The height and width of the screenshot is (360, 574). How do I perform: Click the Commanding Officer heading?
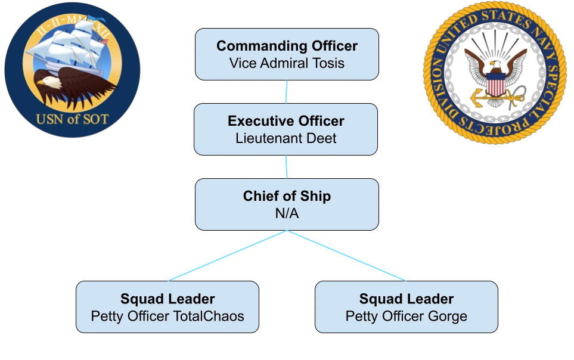click(x=287, y=46)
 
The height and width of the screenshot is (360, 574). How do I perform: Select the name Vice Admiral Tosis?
click(x=287, y=63)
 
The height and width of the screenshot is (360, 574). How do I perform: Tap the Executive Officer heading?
click(x=286, y=121)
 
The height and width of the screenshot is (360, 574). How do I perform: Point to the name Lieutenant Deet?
click(x=286, y=138)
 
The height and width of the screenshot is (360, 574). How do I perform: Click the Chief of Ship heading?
click(x=287, y=196)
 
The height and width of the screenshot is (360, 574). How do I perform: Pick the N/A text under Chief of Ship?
click(x=287, y=213)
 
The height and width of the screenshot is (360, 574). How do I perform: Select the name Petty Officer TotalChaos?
click(x=167, y=316)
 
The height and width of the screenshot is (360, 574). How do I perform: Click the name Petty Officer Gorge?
click(x=406, y=316)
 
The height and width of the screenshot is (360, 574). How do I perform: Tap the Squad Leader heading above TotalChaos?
click(x=167, y=299)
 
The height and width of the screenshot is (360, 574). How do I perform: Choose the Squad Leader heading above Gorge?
click(x=406, y=299)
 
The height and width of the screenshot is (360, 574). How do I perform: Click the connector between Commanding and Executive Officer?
click(x=287, y=92)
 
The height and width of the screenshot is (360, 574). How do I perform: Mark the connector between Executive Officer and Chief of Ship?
click(x=287, y=167)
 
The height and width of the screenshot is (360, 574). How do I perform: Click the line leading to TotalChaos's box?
click(x=227, y=256)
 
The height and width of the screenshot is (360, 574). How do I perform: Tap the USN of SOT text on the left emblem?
click(x=72, y=119)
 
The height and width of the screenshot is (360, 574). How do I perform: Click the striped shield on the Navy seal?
click(x=495, y=84)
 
